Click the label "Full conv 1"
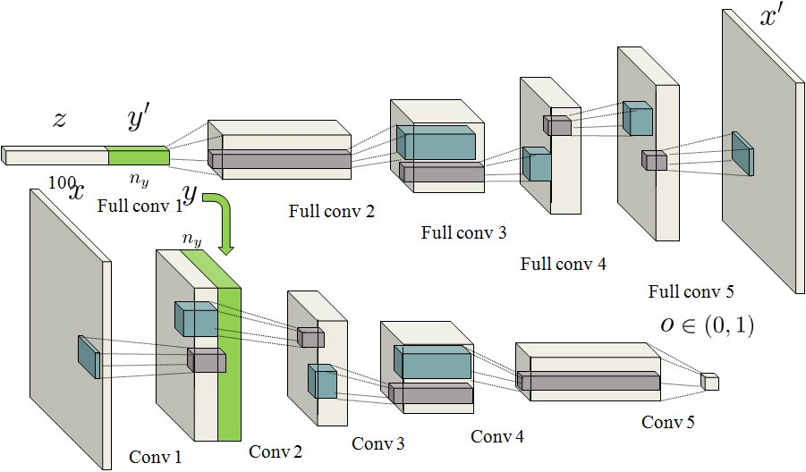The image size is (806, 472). [140, 206]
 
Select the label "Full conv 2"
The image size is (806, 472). [331, 212]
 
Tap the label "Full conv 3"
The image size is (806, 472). [463, 233]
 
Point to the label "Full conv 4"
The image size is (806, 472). [563, 264]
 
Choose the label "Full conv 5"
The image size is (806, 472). [691, 291]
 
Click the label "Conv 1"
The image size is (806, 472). [155, 458]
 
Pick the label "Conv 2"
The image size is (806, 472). [276, 451]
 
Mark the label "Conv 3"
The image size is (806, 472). [378, 443]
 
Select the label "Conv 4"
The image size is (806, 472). [497, 436]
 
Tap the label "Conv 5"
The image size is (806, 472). [667, 422]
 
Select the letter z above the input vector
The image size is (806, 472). [59, 120]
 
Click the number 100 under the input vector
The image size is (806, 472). [62, 181]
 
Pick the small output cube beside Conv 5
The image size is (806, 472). [709, 382]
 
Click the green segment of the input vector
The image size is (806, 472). [138, 156]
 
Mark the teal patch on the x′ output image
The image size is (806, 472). [742, 154]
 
